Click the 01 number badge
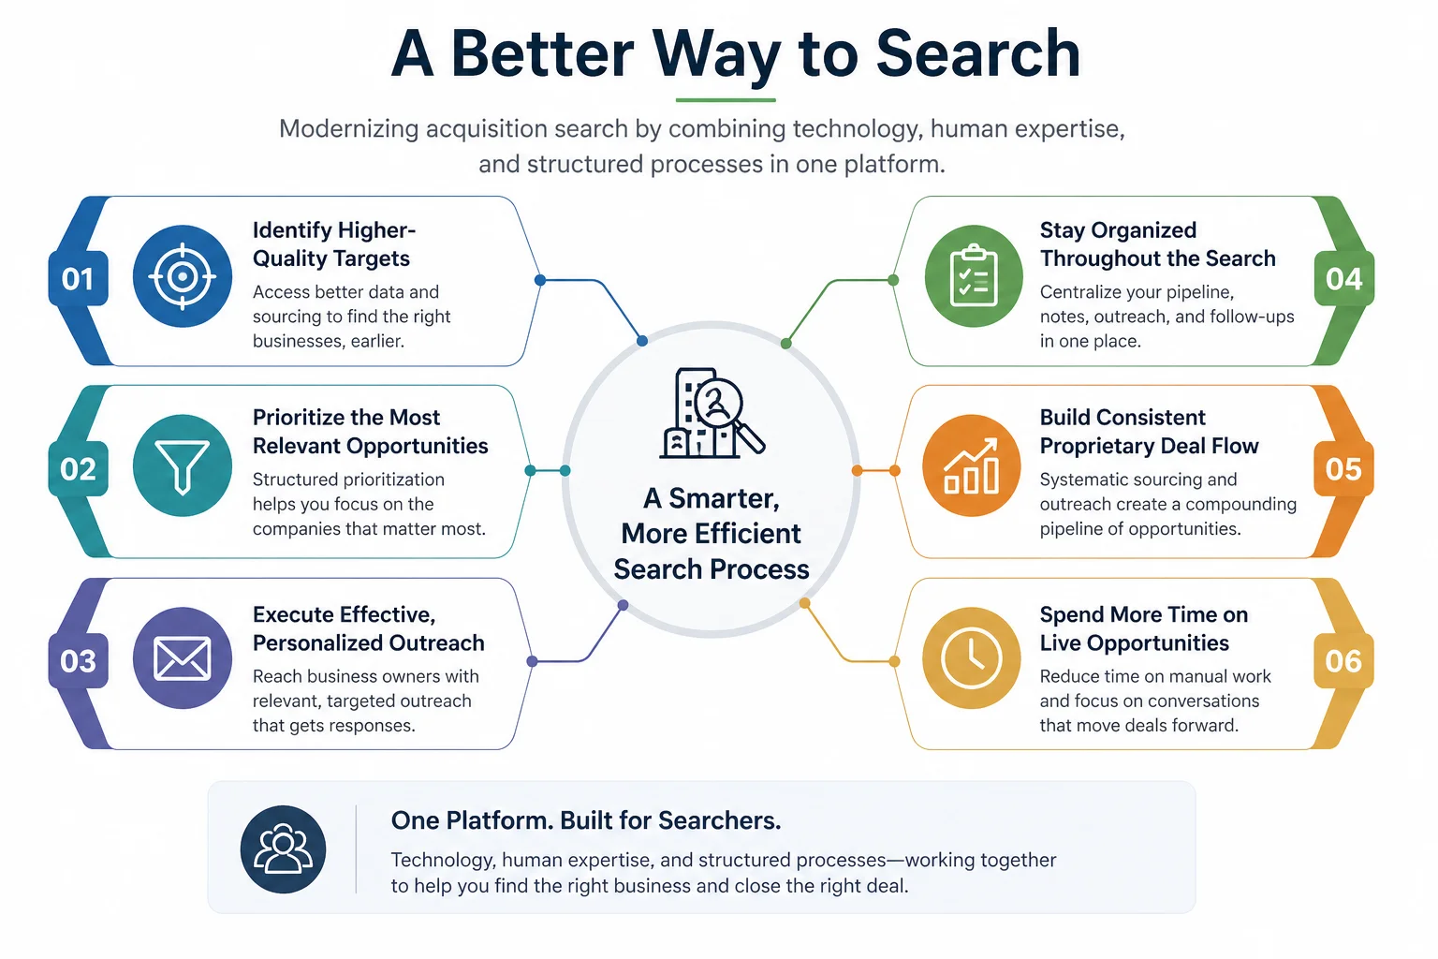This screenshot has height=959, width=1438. coord(78,279)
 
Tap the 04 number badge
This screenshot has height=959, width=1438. coord(1343,279)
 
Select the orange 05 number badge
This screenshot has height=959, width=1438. coord(1343,469)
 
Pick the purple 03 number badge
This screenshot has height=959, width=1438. coord(78,661)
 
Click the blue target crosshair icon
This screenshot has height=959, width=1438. coord(183,276)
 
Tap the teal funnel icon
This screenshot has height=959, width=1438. coord(183,465)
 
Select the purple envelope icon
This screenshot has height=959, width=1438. coord(183,658)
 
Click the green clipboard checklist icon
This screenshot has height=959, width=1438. coord(974,276)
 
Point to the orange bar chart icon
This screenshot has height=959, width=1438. coord(971,465)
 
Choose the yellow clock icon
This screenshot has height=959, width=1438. coord(971,658)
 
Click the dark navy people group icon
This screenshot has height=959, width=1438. coord(283,849)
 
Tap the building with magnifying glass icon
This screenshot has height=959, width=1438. coord(712,413)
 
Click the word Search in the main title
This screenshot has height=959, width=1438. coord(977,54)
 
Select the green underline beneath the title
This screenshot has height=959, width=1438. coord(726,100)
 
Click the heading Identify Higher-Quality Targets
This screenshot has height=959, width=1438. coord(334,244)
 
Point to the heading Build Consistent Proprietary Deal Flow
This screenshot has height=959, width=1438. coord(1149,432)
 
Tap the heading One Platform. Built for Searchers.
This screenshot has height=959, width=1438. coord(585,821)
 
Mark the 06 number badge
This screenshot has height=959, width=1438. coord(1343,661)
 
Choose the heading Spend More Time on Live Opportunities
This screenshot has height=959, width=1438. coord(1144,628)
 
